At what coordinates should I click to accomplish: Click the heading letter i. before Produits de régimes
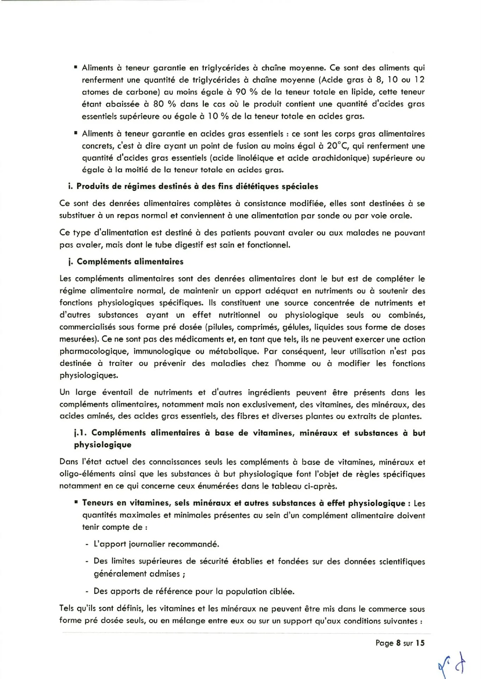tap(70, 186)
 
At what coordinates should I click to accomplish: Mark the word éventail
tap(117, 392)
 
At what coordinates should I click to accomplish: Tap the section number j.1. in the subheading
tap(81, 433)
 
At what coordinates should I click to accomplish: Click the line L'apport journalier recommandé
tap(156, 544)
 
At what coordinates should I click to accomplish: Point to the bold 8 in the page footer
tap(398, 643)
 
